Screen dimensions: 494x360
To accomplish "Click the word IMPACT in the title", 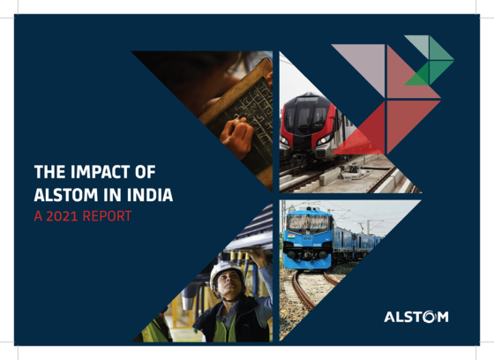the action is click(100, 172).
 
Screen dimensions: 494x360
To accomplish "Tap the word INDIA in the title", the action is click(150, 195).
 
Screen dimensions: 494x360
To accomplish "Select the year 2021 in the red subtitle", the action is click(62, 216).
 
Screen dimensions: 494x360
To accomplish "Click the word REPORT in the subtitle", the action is click(107, 216).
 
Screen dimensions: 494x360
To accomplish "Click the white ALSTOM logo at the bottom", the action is click(416, 317).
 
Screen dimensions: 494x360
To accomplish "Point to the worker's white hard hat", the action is click(226, 272).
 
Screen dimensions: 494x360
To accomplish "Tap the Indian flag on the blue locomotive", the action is click(291, 236).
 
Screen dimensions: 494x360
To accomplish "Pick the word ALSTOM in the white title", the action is click(66, 195).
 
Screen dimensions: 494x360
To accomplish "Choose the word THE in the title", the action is click(50, 172).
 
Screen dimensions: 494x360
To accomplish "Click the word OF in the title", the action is click(146, 172).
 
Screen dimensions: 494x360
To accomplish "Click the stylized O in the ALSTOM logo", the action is click(429, 317).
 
